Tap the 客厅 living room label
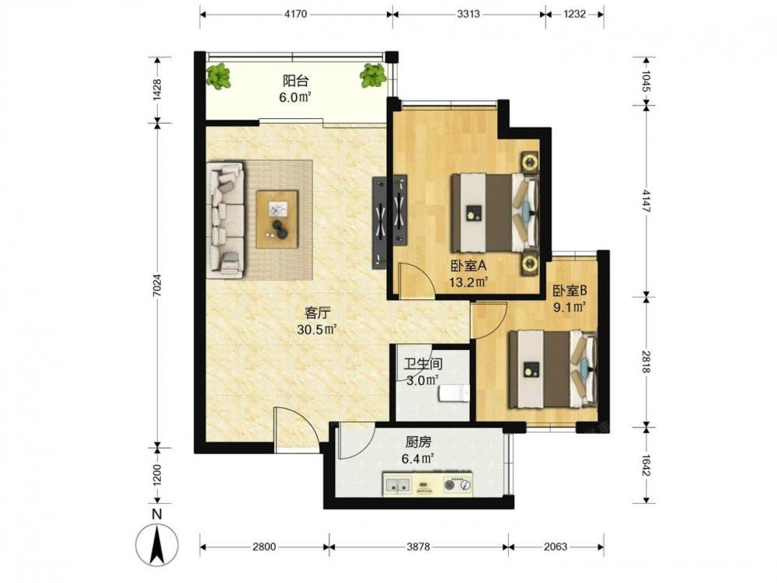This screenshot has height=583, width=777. tap(317, 312)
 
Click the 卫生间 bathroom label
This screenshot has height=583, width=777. tap(423, 365)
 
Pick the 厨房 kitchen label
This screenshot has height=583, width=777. tap(418, 442)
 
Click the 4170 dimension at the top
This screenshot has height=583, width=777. tap(295, 14)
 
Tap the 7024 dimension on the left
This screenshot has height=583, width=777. tap(157, 285)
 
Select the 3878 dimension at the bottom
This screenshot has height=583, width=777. tap(418, 546)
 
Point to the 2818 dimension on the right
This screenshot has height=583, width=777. tap(646, 362)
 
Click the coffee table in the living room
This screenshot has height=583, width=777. tap(277, 219)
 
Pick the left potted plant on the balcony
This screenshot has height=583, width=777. tap(218, 76)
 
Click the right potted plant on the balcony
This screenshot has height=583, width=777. tap(373, 76)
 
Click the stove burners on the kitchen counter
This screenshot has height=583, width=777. tap(458, 484)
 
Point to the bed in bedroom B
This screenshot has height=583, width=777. tap(552, 369)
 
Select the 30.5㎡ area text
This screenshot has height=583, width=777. tap(317, 329)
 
